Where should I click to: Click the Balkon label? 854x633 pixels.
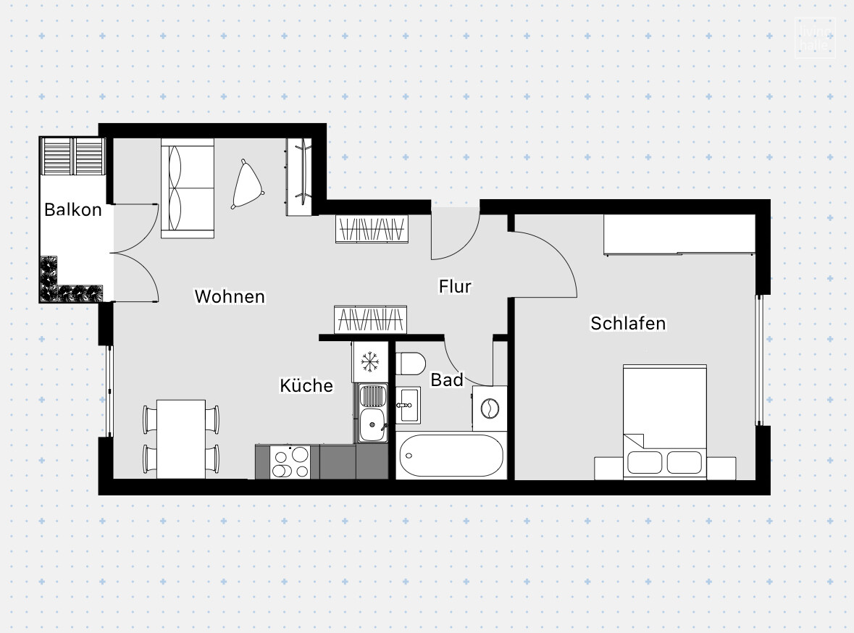click(x=72, y=210)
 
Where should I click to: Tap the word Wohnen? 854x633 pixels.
click(x=230, y=296)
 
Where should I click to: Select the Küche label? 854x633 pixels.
click(x=306, y=386)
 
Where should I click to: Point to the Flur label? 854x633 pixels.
click(x=455, y=286)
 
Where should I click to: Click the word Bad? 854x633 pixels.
click(x=446, y=380)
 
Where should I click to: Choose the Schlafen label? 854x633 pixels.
click(x=628, y=323)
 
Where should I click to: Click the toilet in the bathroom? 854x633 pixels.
click(x=410, y=363)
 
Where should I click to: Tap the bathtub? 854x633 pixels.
click(x=451, y=456)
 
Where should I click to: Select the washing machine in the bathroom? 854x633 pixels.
click(x=490, y=408)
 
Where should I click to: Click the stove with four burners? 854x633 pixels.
click(x=290, y=462)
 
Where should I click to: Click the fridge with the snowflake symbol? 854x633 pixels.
click(x=371, y=361)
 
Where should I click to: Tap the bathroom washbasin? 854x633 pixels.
click(x=408, y=404)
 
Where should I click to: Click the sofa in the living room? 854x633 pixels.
click(x=188, y=188)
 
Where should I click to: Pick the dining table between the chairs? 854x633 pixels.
click(x=181, y=438)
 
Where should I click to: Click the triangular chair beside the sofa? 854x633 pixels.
click(x=248, y=185)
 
